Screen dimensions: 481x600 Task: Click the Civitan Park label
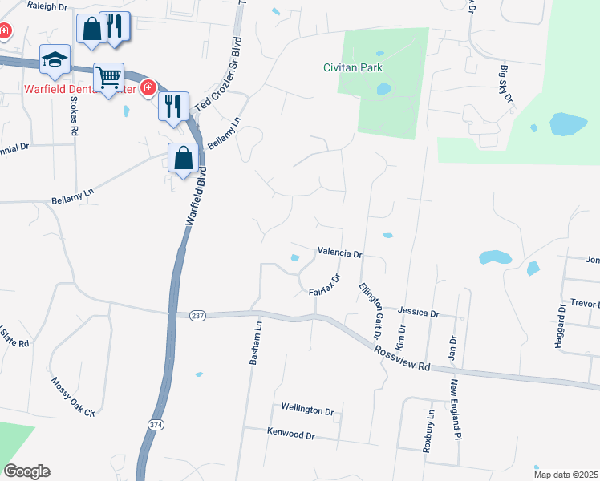pos(355,67)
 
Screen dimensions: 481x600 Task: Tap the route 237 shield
pos(198,317)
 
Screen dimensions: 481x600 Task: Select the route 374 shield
pos(155,422)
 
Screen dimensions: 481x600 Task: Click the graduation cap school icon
pos(55,59)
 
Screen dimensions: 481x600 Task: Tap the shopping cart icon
pos(108,78)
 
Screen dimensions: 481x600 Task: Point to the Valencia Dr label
pos(340,252)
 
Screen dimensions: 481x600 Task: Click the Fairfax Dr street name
pos(326,285)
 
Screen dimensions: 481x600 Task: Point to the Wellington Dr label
pos(306,410)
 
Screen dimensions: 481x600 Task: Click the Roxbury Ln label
pos(430,430)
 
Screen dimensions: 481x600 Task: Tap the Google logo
pos(26,471)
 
